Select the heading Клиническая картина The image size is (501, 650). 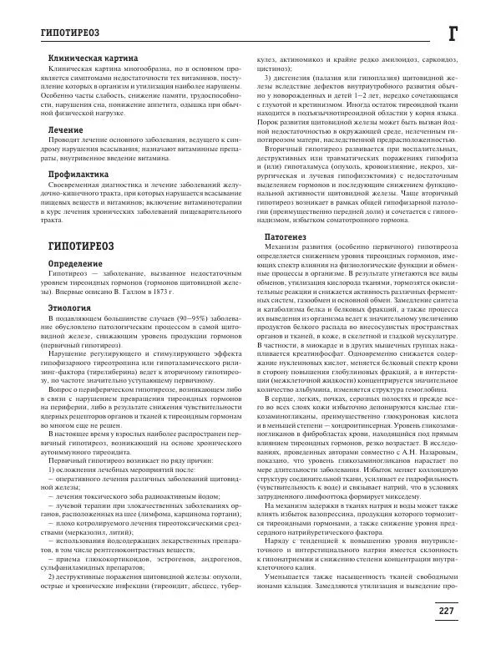click(x=81, y=58)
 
